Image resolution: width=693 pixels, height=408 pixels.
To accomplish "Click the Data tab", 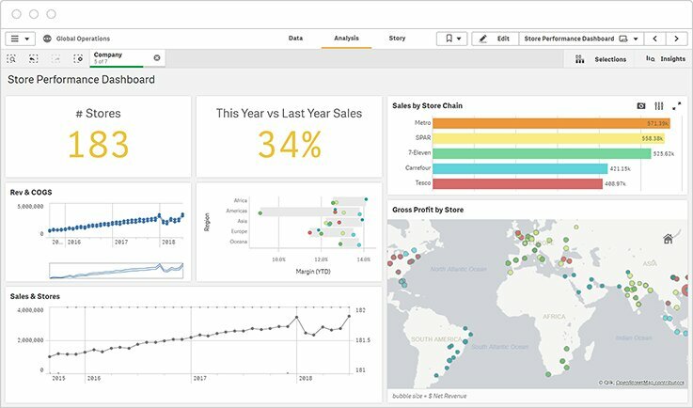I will point(295,39).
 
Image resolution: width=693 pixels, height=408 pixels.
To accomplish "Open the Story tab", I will point(397,39).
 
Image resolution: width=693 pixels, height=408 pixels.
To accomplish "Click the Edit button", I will point(495,39).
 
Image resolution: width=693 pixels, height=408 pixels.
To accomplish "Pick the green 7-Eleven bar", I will point(528,153).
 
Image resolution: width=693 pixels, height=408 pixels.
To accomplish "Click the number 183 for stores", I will point(98,144).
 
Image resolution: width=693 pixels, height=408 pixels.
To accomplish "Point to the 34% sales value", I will point(289,144).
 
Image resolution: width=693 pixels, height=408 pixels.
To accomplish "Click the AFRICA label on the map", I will point(555,317).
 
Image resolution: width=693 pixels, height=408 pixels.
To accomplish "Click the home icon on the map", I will point(668,239).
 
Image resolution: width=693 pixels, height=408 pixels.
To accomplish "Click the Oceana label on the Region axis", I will point(238,242).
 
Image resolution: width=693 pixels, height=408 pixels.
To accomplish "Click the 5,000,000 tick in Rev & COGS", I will point(31,205).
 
